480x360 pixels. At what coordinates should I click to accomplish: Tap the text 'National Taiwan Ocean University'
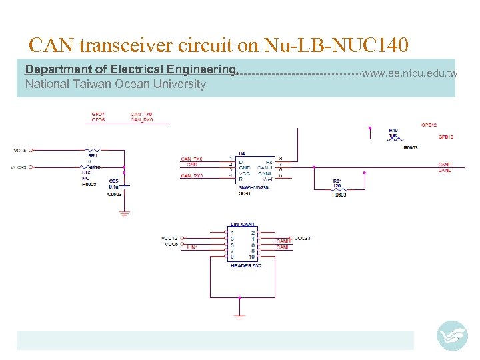[115, 84]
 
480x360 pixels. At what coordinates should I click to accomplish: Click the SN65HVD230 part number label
[253, 188]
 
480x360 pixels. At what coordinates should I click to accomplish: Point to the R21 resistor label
[337, 181]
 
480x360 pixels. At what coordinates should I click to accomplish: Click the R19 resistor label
[393, 130]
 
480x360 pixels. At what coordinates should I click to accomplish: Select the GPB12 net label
[429, 125]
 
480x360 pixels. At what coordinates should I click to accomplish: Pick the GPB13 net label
[446, 137]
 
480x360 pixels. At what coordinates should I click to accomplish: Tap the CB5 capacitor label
[113, 181]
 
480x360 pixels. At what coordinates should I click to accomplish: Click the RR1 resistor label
[93, 155]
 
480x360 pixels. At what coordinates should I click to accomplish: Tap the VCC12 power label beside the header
[169, 238]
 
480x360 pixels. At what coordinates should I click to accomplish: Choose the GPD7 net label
[97, 115]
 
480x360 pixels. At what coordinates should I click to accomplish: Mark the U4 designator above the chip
[241, 153]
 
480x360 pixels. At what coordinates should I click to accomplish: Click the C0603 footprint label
[115, 194]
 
